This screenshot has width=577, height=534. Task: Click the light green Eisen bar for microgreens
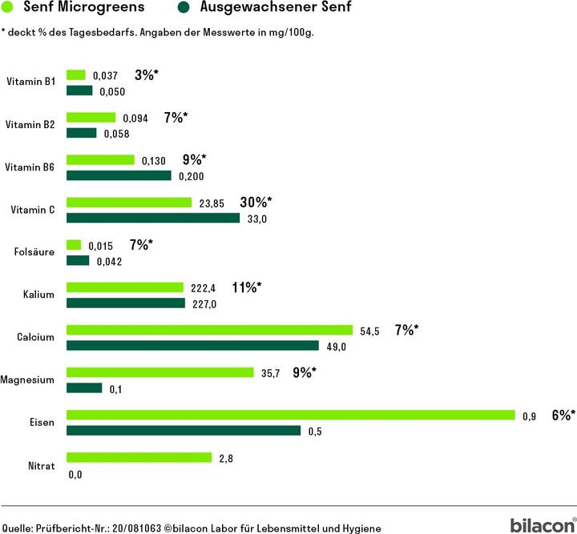point(290,415)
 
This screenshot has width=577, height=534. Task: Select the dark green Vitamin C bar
point(152,218)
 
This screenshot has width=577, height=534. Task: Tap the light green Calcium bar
point(209,330)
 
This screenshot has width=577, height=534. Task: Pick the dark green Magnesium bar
point(84,388)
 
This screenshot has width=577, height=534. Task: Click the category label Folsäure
point(34,252)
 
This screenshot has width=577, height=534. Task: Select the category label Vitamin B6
point(30,167)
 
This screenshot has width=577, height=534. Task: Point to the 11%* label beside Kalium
point(246,287)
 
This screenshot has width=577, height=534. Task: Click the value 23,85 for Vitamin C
point(212,203)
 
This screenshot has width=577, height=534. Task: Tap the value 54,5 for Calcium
point(369,331)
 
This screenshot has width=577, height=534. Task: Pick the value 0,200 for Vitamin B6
point(192,176)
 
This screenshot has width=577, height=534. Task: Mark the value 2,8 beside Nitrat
point(225,459)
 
